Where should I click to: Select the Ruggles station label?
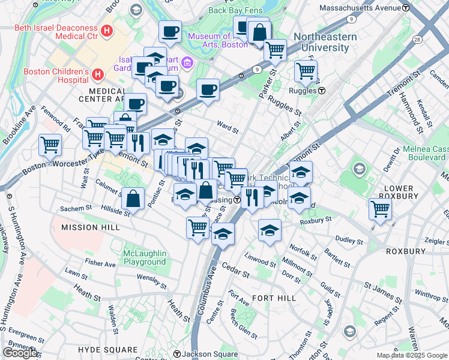306,91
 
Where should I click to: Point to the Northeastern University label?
325,42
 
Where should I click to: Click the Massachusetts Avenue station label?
364,8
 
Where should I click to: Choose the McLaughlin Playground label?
144,257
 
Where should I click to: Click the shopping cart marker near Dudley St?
381,209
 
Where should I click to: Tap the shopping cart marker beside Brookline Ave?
50,144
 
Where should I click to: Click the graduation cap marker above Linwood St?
270,230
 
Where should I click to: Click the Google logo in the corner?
20,352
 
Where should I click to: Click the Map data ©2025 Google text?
411,355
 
